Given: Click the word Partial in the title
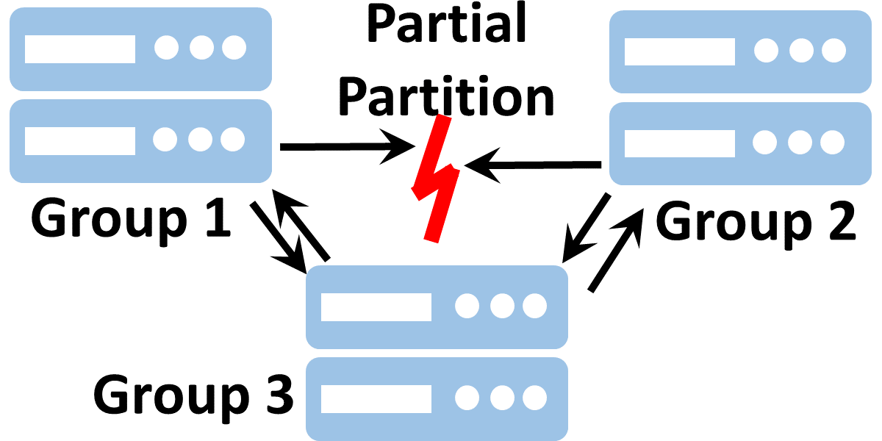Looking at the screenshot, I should [x=448, y=26].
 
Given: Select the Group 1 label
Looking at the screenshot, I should [x=131, y=218].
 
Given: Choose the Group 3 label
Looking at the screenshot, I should [x=193, y=395].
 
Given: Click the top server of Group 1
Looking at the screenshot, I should [x=140, y=49].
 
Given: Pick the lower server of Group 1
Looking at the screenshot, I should [x=140, y=140].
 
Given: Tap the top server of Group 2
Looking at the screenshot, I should [x=739, y=51].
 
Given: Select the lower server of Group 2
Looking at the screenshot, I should [x=739, y=143].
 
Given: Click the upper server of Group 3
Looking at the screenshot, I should [x=437, y=307].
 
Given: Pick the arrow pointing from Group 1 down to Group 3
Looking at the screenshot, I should [x=278, y=236].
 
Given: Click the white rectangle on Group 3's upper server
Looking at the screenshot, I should [x=376, y=306].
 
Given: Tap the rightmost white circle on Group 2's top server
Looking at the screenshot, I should [x=833, y=51].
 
